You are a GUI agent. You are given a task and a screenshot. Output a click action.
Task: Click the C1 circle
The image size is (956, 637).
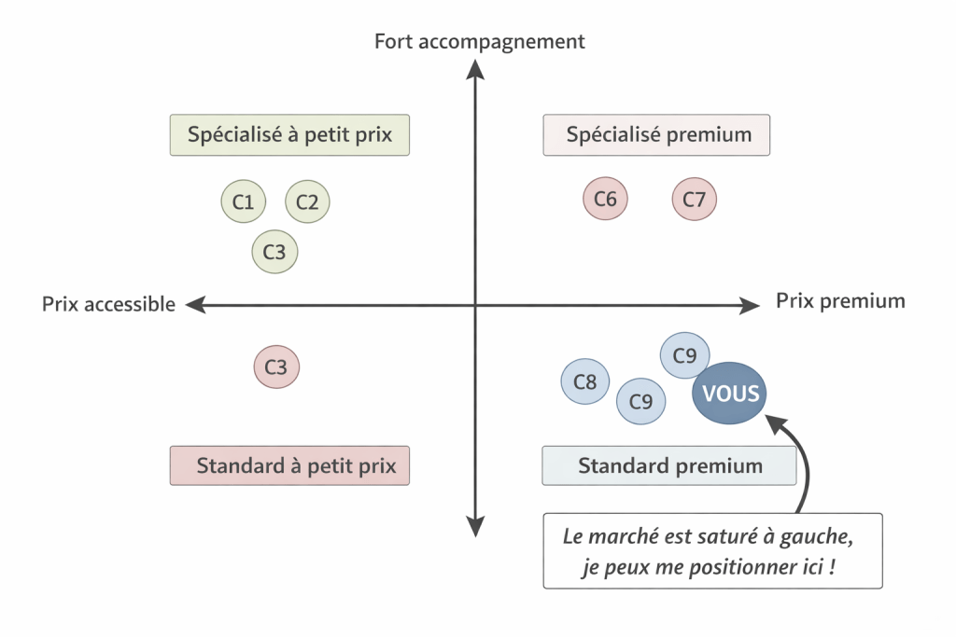pos(244,201)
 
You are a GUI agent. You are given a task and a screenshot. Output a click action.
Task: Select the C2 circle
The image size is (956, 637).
pos(308,201)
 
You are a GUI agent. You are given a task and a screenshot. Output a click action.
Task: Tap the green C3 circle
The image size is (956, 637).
pos(275,251)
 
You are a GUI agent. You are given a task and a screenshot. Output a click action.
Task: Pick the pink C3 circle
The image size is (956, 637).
pos(276,367)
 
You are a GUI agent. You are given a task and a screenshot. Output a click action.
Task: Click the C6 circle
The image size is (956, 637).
pos(606,199)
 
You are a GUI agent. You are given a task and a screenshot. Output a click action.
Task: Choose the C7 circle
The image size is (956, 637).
pos(695,199)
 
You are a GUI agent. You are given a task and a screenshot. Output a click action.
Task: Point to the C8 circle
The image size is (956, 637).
pos(585,381)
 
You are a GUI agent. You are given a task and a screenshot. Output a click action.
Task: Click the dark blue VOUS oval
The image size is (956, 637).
pos(729,394)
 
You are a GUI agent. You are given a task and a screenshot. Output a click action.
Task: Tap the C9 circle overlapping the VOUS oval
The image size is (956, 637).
pos(683,355)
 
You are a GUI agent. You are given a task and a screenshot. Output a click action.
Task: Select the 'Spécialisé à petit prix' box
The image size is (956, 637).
pos(289,134)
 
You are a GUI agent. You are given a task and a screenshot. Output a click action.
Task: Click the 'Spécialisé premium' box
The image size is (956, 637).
pos(657,134)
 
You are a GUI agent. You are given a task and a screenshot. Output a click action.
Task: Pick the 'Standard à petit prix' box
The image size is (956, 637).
pos(289,465)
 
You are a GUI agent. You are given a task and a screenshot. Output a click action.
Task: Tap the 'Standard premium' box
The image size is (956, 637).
pos(669,465)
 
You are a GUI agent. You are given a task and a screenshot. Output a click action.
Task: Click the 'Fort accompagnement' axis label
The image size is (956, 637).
pos(480,41)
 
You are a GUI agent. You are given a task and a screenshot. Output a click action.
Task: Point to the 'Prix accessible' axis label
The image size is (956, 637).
pos(108,304)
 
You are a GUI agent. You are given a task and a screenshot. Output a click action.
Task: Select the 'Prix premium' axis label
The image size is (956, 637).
pos(840,300)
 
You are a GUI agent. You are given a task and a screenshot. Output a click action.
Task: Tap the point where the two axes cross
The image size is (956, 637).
pos(476,304)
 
